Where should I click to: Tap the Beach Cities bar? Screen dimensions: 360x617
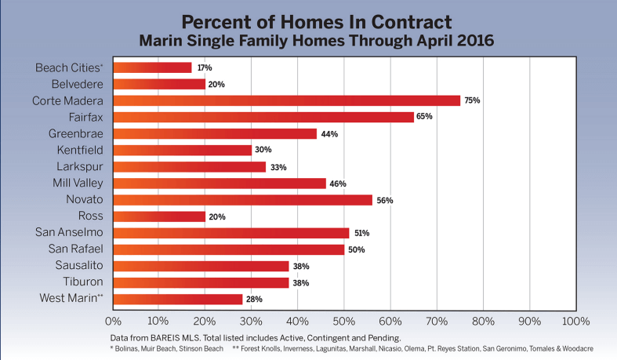152,67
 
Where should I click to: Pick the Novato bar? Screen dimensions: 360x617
242,200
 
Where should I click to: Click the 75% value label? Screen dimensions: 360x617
472,100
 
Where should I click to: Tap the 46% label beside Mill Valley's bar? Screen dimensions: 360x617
338,184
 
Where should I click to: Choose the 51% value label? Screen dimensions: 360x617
361,233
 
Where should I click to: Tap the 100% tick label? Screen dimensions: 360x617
575,321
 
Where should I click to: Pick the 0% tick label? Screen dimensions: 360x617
113,321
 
